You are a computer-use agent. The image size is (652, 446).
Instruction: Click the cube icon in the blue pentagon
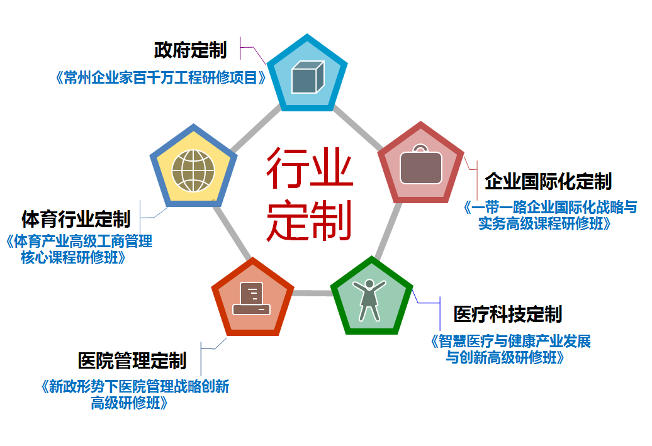tap(308, 77)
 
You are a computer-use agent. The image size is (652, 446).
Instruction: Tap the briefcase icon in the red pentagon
tap(421, 165)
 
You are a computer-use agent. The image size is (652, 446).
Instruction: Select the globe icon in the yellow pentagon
tap(193, 171)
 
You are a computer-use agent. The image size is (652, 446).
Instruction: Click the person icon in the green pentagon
tap(369, 300)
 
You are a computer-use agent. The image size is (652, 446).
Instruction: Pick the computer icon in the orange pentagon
tap(251, 298)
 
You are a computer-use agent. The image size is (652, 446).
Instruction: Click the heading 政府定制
tap(191, 50)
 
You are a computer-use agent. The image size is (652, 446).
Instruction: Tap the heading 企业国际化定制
tap(548, 182)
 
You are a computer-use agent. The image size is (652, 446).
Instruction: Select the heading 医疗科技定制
tap(508, 314)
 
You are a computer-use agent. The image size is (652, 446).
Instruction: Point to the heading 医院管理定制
tap(132, 360)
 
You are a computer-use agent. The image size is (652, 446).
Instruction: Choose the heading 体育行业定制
tap(76, 219)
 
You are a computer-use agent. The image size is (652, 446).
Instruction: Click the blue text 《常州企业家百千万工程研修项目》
tap(161, 78)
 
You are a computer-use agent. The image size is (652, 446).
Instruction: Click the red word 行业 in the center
tap(310, 167)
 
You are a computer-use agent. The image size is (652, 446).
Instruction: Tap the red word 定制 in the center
tap(310, 220)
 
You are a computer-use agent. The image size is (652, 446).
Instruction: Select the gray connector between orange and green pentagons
tap(312, 293)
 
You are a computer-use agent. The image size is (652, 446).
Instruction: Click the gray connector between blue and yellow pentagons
tap(256, 128)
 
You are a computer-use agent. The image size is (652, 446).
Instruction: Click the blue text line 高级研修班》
tap(129, 403)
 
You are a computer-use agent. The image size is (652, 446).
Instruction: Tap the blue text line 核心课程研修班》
tap(73, 258)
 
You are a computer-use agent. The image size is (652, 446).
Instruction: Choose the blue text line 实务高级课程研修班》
tap(544, 223)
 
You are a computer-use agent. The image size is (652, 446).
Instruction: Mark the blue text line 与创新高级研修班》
tap(505, 357)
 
